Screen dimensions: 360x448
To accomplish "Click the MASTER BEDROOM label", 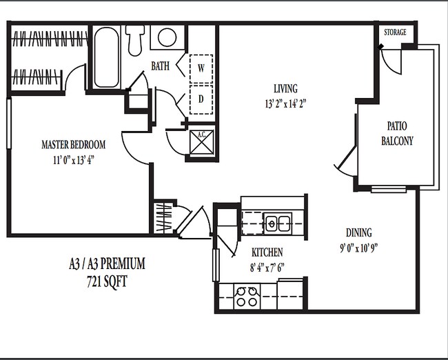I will point(73,145).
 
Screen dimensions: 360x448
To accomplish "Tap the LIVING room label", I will point(285,89).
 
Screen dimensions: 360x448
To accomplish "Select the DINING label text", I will point(358,232).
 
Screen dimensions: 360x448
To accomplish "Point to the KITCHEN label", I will point(267,252).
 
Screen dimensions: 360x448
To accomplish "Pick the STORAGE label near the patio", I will point(395,32).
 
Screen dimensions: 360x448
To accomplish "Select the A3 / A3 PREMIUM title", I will point(107,263).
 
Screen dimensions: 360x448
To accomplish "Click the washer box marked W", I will point(201,68).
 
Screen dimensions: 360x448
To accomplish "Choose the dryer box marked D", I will point(201,99).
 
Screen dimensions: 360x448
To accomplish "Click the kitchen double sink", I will point(278,223).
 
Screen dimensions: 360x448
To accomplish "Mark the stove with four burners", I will point(246,298).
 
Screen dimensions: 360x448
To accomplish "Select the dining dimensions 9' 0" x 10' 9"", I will point(358,247).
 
